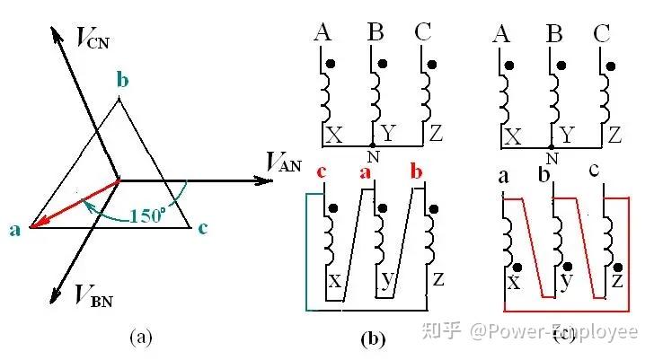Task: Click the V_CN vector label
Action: (x=97, y=38)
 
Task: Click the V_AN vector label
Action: (x=285, y=162)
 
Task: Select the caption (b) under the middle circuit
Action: (x=372, y=338)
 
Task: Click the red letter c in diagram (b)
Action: (x=322, y=172)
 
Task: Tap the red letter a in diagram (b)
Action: (x=366, y=172)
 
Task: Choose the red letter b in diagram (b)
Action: (x=415, y=171)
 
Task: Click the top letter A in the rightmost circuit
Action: (x=504, y=34)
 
